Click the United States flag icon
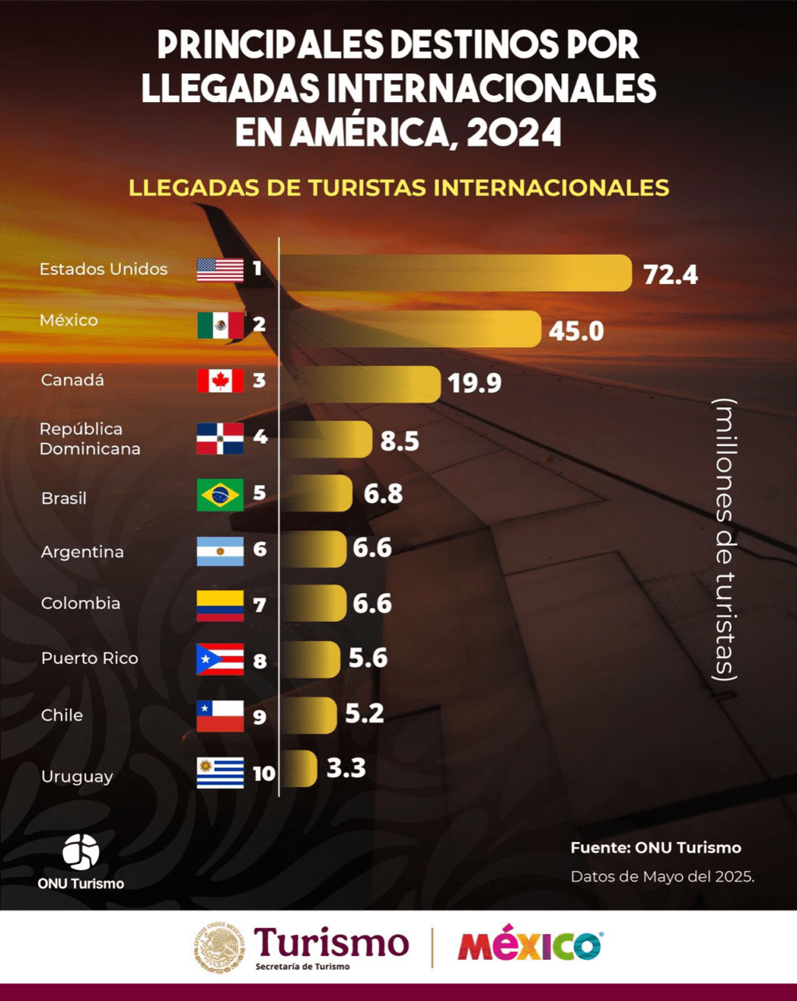point(220,270)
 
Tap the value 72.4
point(670,275)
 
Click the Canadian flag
point(220,381)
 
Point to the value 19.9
point(474,383)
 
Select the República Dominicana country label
point(90,439)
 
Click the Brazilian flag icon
point(220,494)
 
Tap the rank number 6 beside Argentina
point(260,550)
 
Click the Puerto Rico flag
point(220,659)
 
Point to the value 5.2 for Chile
point(364,714)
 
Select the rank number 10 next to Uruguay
point(264,774)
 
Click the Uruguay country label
point(77,777)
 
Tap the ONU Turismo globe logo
point(81,852)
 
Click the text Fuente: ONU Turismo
point(655,848)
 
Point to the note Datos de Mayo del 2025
point(662,876)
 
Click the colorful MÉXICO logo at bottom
point(529,946)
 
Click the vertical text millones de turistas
point(725,539)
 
